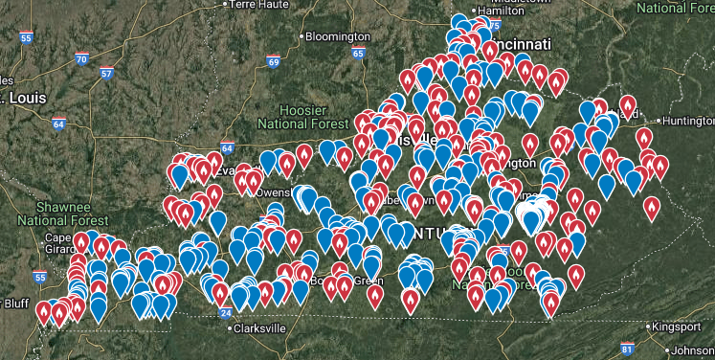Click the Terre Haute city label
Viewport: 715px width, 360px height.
point(259,5)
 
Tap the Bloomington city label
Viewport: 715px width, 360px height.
point(337,36)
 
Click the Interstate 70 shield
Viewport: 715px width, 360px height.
point(82,58)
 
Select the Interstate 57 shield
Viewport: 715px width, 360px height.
point(106,73)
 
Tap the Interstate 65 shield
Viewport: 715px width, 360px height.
point(358,53)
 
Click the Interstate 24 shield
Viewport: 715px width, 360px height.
point(225,312)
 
